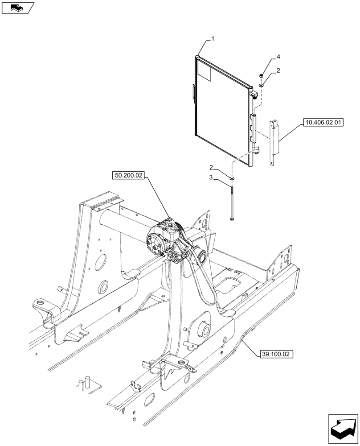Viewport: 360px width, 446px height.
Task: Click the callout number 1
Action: point(213,39)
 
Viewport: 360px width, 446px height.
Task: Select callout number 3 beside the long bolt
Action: point(213,178)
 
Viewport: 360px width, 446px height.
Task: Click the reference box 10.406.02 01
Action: point(323,122)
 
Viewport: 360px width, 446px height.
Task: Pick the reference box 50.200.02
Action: point(128,176)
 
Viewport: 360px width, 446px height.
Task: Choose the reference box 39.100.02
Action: point(275,355)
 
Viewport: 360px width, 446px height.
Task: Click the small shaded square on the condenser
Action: point(204,71)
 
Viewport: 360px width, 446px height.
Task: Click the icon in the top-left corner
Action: point(17,8)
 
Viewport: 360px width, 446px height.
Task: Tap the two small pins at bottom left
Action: point(85,383)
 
